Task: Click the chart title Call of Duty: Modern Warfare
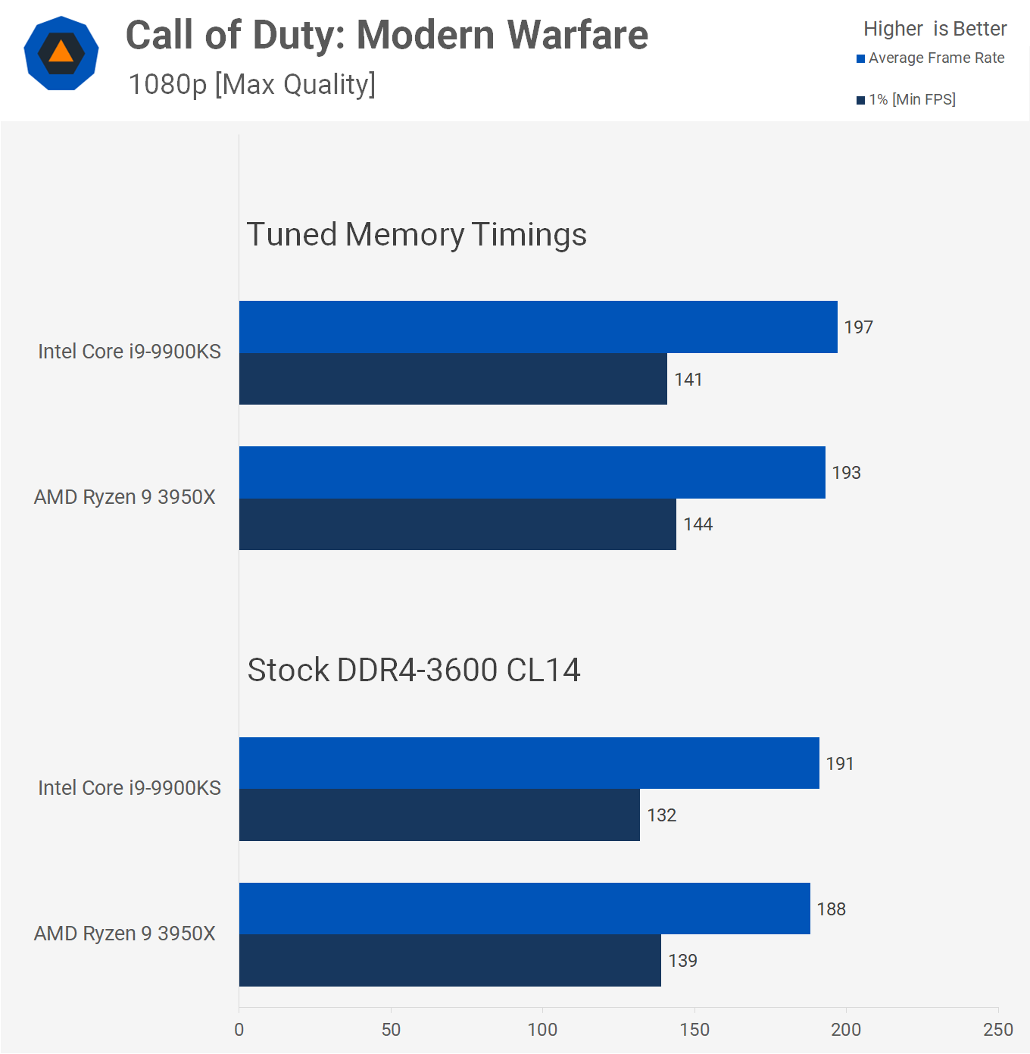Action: click(x=386, y=36)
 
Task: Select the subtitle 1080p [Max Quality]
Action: click(x=251, y=84)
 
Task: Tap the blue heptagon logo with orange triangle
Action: click(x=61, y=53)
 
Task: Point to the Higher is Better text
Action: click(x=935, y=29)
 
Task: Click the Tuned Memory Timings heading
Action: click(x=417, y=234)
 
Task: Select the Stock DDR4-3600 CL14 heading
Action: click(x=414, y=670)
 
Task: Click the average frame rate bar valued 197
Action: click(x=538, y=327)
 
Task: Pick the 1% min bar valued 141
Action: click(x=453, y=379)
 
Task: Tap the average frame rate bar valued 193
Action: click(x=532, y=472)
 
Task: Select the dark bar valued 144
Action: click(x=457, y=524)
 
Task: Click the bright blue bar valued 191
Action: click(x=529, y=763)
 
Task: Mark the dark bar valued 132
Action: click(x=439, y=815)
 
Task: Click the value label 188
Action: click(x=831, y=909)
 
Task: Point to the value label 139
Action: click(x=682, y=961)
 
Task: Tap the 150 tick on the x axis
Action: click(x=694, y=1029)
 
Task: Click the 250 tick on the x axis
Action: click(x=997, y=1029)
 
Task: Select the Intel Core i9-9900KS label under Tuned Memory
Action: click(x=130, y=352)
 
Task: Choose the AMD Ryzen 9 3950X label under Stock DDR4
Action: click(x=125, y=934)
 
